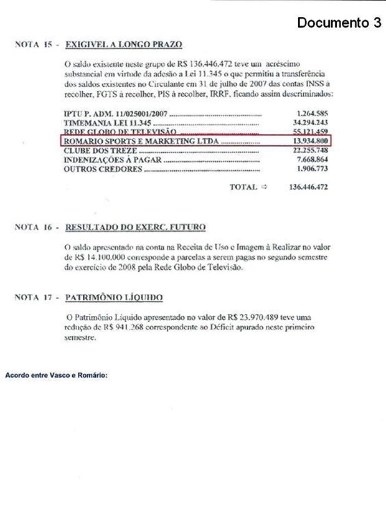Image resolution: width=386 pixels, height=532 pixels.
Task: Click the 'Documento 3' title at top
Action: click(x=339, y=24)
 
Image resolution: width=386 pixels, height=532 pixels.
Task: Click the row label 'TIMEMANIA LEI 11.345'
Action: click(x=103, y=123)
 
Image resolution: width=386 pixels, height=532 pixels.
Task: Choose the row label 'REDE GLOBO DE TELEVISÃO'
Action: click(x=113, y=132)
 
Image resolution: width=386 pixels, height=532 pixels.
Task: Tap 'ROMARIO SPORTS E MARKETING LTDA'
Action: click(x=141, y=141)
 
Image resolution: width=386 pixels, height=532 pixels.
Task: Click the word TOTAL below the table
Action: click(x=243, y=187)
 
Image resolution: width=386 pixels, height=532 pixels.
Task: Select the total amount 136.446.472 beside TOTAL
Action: click(x=308, y=187)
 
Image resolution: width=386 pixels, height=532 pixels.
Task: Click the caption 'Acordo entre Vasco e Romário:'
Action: click(x=56, y=376)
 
